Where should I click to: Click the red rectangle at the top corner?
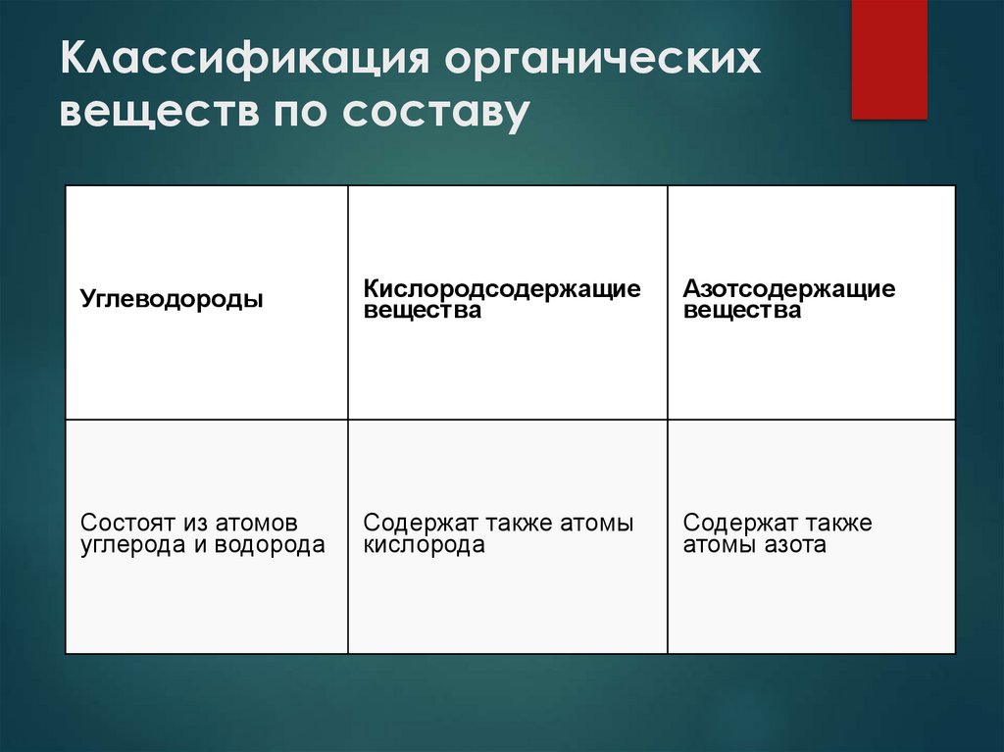click(888, 59)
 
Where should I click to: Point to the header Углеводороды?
click(172, 298)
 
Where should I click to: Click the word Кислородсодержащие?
click(502, 289)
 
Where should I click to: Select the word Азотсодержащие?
click(789, 289)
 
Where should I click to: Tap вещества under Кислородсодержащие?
click(423, 311)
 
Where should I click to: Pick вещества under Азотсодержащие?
click(742, 311)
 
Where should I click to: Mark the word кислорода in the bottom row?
click(424, 545)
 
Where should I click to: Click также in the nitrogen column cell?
click(832, 524)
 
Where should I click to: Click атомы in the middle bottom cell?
click(596, 524)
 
